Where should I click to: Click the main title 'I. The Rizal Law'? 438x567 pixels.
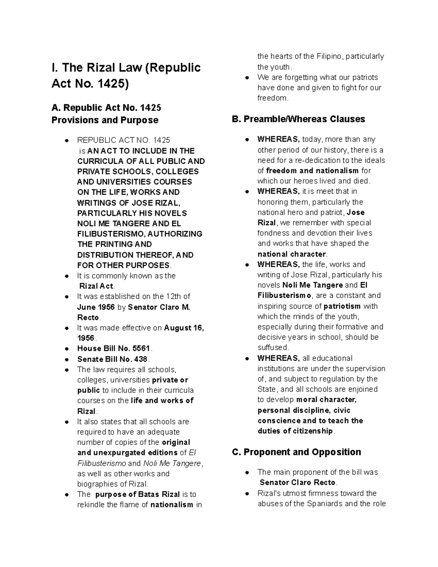coord(126,68)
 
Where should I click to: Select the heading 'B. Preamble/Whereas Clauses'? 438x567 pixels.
coord(298,119)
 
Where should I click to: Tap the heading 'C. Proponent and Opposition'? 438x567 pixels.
coord(296,452)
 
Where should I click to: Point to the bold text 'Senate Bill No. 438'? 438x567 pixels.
coord(112,359)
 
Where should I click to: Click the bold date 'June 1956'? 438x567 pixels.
coord(96,307)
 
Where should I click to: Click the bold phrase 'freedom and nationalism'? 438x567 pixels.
coord(312,171)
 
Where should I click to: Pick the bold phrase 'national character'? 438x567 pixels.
coord(291,254)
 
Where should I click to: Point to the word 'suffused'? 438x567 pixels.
coord(272,347)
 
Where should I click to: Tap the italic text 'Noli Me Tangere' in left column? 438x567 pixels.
coord(172,463)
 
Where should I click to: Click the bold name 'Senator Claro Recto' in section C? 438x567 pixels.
coord(297,482)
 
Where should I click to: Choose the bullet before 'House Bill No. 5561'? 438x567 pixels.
coord(66,349)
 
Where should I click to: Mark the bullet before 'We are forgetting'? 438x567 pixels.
coord(247,77)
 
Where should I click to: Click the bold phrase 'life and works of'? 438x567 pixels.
coord(162,401)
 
